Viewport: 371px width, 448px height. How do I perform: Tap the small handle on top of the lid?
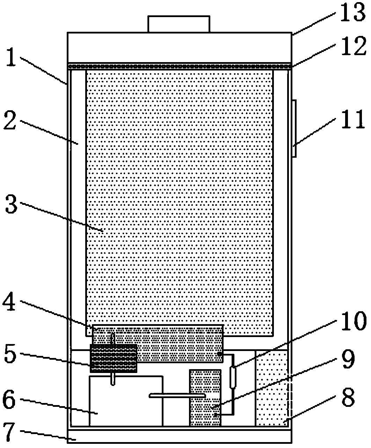tap(179, 24)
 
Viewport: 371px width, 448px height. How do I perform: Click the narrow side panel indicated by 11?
tap(294, 129)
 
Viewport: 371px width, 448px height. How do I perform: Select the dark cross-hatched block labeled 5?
tap(113, 358)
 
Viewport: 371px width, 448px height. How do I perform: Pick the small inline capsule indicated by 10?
tap(232, 377)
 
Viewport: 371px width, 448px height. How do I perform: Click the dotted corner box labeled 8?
tap(272, 388)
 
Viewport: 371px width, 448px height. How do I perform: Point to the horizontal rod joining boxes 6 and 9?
tap(177, 395)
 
